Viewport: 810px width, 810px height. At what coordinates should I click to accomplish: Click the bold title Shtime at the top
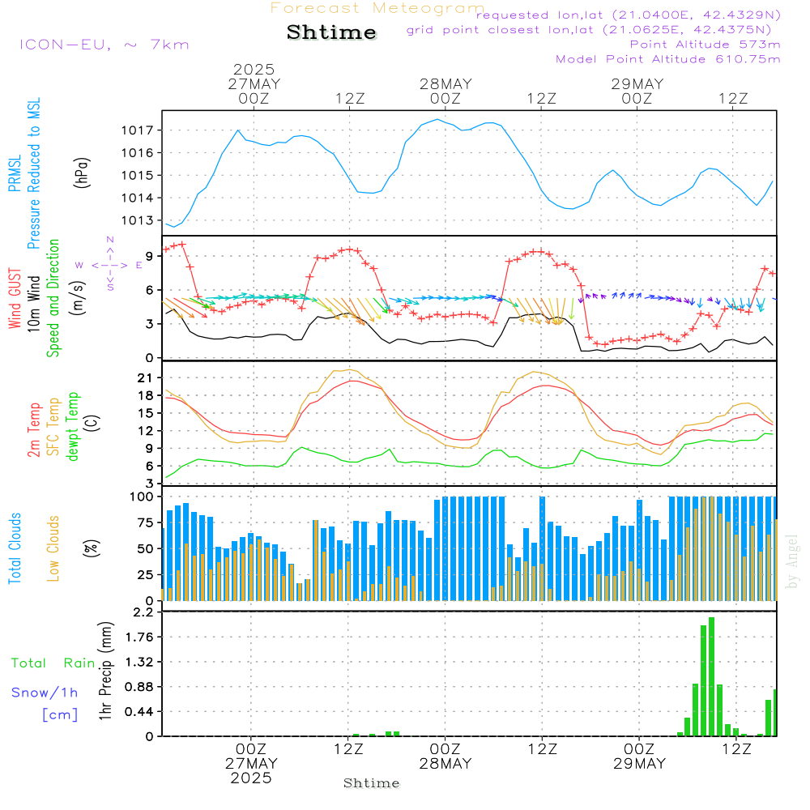[x=331, y=32]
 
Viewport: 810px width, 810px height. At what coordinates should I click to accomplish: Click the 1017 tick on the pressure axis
[x=138, y=130]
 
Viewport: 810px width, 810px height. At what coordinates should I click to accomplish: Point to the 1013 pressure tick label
[x=138, y=220]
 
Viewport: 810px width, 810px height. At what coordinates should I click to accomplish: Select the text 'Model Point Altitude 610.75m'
[x=668, y=59]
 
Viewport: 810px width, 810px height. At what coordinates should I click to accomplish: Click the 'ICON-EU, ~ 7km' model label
[x=104, y=45]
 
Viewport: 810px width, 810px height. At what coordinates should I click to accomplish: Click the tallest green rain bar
[x=711, y=676]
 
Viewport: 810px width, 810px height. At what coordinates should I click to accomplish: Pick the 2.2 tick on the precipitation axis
[x=143, y=612]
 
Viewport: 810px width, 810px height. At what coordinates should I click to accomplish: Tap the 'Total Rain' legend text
[x=53, y=663]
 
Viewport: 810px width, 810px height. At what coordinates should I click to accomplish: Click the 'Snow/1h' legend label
[x=45, y=693]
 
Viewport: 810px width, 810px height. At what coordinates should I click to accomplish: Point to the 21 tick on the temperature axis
[x=145, y=378]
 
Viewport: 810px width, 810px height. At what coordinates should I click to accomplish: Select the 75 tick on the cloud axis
[x=145, y=522]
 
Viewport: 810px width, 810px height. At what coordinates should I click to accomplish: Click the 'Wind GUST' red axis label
[x=15, y=299]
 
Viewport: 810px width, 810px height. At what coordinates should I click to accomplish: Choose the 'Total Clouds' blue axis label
[x=15, y=548]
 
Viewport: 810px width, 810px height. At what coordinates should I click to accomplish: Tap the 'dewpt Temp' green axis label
[x=72, y=426]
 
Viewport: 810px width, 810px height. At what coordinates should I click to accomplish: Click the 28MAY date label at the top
[x=446, y=84]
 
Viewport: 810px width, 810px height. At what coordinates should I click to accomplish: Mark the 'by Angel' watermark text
[x=792, y=561]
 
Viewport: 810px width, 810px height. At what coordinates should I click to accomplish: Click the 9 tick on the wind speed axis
[x=149, y=256]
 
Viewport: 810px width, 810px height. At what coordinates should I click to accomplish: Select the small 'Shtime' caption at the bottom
[x=372, y=783]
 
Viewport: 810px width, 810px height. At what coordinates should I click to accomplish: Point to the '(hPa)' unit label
[x=81, y=173]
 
